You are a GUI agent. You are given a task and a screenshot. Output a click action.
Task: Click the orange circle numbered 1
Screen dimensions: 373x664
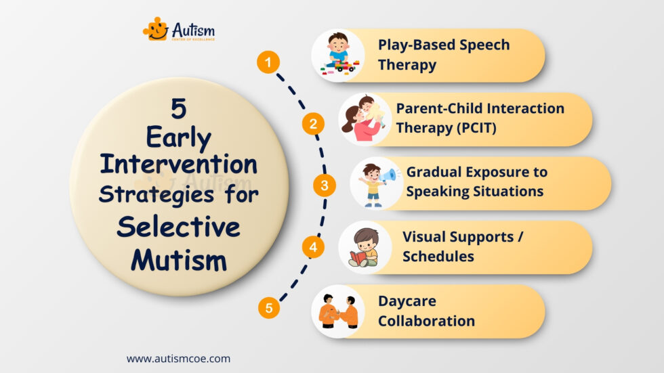pos(268,64)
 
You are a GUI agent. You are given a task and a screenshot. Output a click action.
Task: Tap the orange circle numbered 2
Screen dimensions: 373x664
pos(313,124)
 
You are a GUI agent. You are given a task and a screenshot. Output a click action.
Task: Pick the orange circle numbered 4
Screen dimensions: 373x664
pos(312,247)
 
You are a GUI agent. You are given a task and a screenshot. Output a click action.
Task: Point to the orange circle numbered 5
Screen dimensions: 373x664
pos(269,309)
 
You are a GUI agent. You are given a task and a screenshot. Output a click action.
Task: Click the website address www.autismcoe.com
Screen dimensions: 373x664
pos(178,359)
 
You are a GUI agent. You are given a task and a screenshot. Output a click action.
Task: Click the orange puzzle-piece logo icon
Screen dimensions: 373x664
pos(155,29)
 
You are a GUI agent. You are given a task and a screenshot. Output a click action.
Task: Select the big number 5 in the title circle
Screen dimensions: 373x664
pos(179,110)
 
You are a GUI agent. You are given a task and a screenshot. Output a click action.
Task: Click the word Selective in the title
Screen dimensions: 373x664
pos(178,227)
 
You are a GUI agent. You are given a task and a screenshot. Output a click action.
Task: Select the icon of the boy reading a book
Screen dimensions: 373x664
pos(364,248)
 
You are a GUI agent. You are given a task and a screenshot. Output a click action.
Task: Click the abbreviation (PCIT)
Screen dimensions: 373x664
pos(471,127)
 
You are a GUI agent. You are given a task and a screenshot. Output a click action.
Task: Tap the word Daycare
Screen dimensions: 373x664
pos(407,301)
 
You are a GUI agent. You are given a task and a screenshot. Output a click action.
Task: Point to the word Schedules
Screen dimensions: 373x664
pos(438,257)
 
